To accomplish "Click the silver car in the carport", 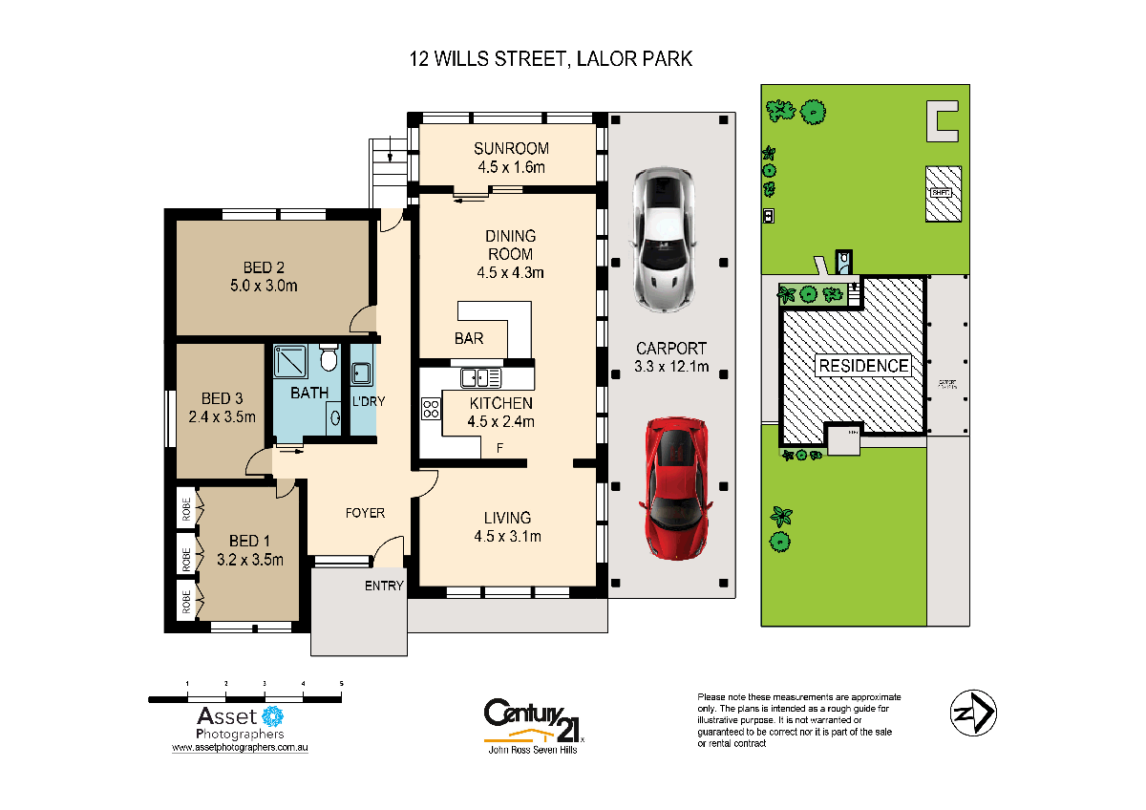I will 662,239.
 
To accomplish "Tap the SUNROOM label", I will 511,148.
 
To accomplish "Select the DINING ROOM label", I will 511,245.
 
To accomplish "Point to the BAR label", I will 468,338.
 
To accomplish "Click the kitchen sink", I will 475,377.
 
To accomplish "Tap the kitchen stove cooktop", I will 431,409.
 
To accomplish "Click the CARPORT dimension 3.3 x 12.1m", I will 670,366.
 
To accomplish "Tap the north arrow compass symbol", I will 973,712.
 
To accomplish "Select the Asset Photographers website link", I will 240,750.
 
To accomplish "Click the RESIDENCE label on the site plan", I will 861,366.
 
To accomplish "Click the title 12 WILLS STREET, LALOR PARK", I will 549,59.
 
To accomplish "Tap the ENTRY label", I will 384,586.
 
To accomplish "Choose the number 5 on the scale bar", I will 341,684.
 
